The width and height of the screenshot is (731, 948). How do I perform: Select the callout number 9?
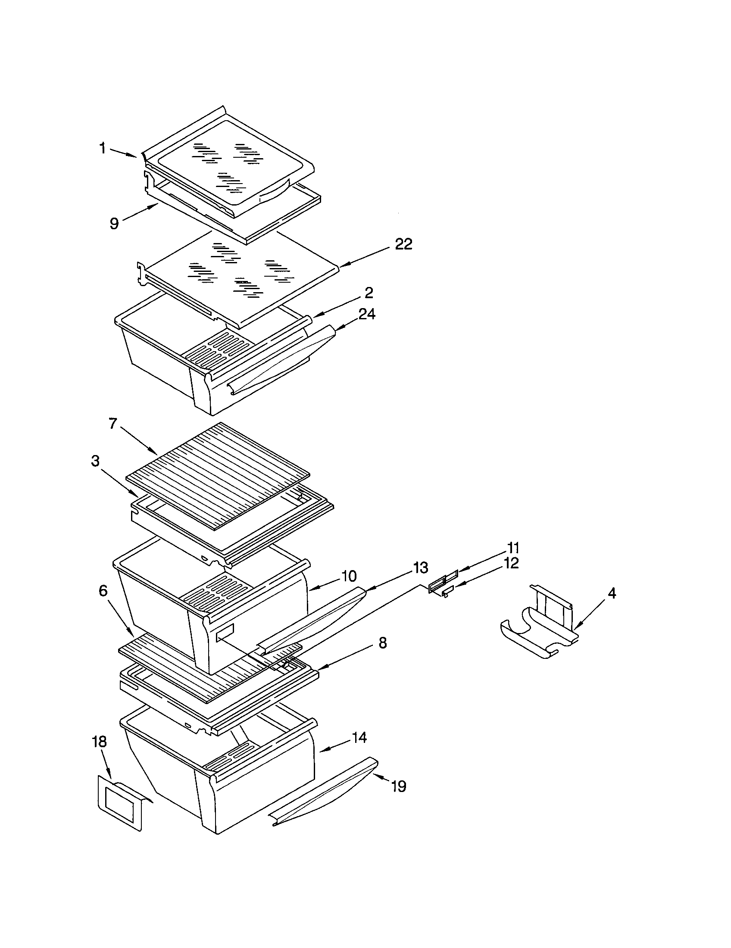114,224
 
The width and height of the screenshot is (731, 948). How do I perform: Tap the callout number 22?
403,244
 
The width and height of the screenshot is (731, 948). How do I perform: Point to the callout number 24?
367,314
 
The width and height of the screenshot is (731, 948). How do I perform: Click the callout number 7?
113,423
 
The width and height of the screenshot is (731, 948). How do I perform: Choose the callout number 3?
95,461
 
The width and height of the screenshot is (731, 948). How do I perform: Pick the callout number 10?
349,577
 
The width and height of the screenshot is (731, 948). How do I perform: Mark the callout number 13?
420,568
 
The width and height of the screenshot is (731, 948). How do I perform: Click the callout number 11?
513,548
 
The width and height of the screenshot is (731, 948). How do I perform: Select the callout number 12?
511,564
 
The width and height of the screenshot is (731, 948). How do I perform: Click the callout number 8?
382,643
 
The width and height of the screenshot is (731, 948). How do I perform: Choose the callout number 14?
359,737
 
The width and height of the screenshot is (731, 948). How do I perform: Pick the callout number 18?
100,742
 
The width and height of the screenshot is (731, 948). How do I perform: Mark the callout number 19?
399,786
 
